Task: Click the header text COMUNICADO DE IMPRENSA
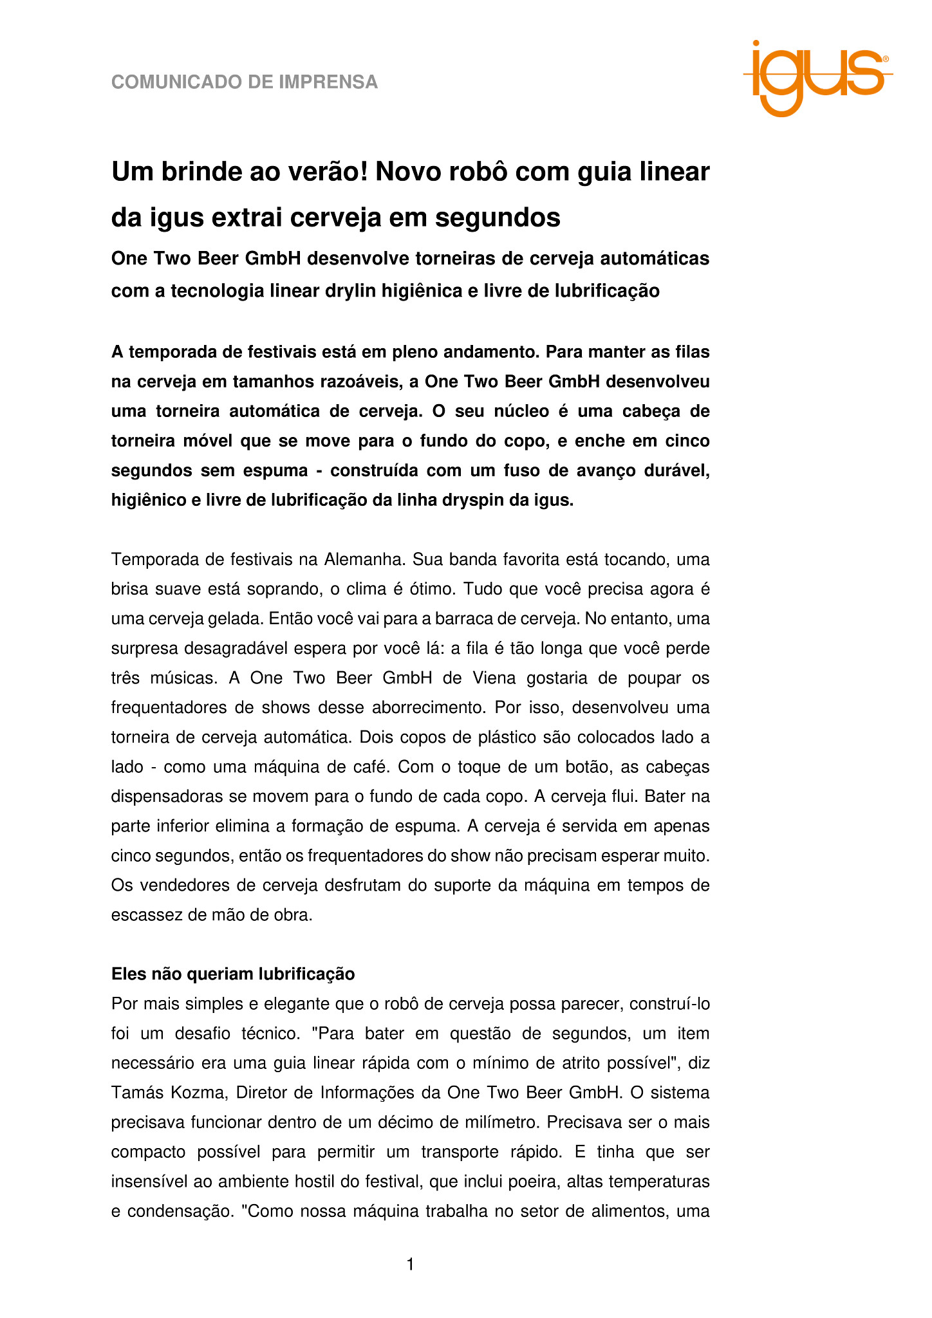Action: (x=245, y=82)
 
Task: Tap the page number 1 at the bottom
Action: (x=411, y=1265)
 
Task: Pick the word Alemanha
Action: (x=364, y=559)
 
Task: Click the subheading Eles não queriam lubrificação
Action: (x=233, y=974)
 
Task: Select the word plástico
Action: (x=504, y=737)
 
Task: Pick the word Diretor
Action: (x=263, y=1093)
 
